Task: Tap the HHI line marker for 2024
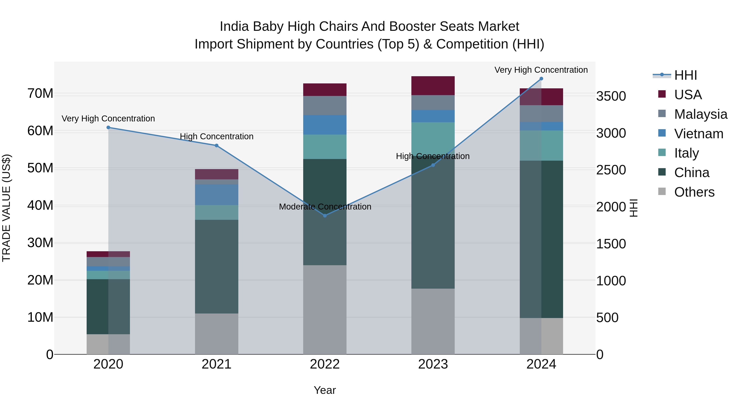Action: click(x=541, y=79)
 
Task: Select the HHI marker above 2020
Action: click(x=108, y=127)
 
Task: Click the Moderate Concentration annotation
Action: click(x=325, y=207)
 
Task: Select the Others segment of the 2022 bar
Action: click(x=325, y=310)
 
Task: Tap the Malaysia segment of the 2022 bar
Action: click(x=325, y=105)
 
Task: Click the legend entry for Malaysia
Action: click(x=700, y=114)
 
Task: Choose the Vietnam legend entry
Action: click(x=698, y=134)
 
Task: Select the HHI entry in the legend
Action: click(x=685, y=75)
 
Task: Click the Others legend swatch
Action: click(x=662, y=191)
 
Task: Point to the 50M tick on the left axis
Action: click(x=40, y=168)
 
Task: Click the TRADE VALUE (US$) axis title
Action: click(x=6, y=208)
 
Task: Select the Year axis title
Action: click(x=325, y=390)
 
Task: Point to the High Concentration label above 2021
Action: click(x=216, y=136)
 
